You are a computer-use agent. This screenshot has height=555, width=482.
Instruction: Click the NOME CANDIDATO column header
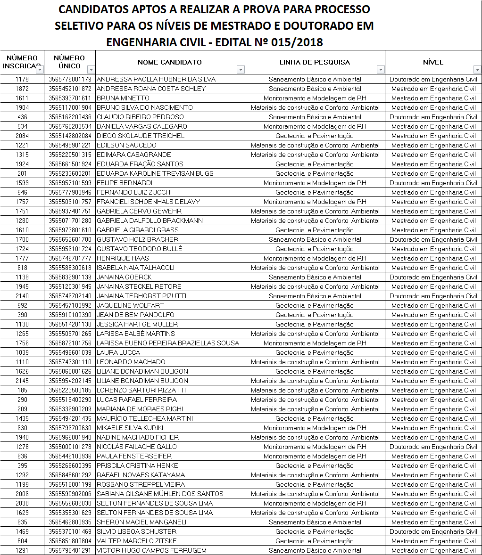pyautogui.click(x=169, y=62)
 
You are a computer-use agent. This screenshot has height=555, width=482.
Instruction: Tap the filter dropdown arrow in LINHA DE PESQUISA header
pyautogui.click(x=381, y=70)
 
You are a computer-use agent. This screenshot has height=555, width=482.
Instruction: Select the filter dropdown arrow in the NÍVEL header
pyautogui.click(x=477, y=70)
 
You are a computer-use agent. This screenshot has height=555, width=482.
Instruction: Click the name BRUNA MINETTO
pyautogui.click(x=123, y=98)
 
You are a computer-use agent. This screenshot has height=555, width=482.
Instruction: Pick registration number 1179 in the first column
pyautogui.click(x=22, y=79)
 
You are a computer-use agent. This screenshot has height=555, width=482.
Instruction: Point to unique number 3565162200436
pyautogui.click(x=70, y=117)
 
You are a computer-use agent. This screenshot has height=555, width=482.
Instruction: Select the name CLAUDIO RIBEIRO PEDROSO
pyautogui.click(x=140, y=117)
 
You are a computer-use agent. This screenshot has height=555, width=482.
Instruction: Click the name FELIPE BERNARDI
pyautogui.click(x=124, y=183)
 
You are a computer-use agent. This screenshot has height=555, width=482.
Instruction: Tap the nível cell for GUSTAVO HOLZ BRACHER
pyautogui.click(x=433, y=239)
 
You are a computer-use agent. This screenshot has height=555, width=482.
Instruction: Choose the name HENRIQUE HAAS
pyautogui.click(x=122, y=258)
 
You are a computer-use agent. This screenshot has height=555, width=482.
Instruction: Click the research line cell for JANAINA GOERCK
pyautogui.click(x=315, y=277)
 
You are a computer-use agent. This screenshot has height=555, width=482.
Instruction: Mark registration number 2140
pyautogui.click(x=22, y=296)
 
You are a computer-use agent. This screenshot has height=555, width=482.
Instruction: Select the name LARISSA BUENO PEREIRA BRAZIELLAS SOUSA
pyautogui.click(x=167, y=343)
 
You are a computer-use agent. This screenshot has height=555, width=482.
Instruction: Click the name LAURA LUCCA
pyautogui.click(x=118, y=352)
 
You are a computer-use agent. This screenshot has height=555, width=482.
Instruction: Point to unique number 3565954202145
pyautogui.click(x=70, y=381)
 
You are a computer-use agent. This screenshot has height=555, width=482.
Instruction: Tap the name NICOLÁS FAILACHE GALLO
pyautogui.click(x=136, y=447)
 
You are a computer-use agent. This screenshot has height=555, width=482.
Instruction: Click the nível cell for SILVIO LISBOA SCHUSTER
pyautogui.click(x=433, y=531)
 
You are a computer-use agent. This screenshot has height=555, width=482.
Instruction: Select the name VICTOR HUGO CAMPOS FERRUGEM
pyautogui.click(x=151, y=550)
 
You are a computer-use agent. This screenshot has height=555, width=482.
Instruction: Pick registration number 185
pyautogui.click(x=22, y=390)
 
